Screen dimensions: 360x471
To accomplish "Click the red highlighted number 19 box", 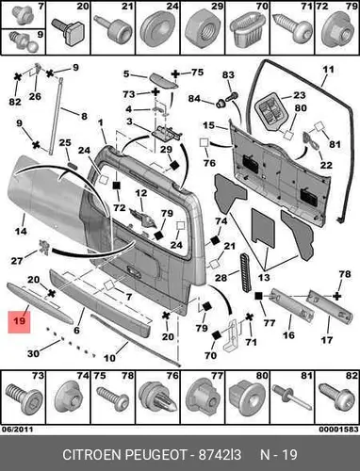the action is point(19,321).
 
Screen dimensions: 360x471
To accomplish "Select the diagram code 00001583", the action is point(338,430).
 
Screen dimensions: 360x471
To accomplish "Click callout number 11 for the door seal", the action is point(328,69).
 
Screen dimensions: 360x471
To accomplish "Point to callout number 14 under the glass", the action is point(21,232).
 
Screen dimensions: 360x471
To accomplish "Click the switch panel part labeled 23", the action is point(271,112).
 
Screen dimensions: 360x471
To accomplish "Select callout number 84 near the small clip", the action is point(194,99).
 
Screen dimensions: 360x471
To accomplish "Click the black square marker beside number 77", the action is point(258,296).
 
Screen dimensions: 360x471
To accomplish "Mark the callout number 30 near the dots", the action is point(33,353).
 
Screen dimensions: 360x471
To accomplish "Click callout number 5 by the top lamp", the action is point(126,74).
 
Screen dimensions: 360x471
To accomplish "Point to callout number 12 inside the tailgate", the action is point(141,193).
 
